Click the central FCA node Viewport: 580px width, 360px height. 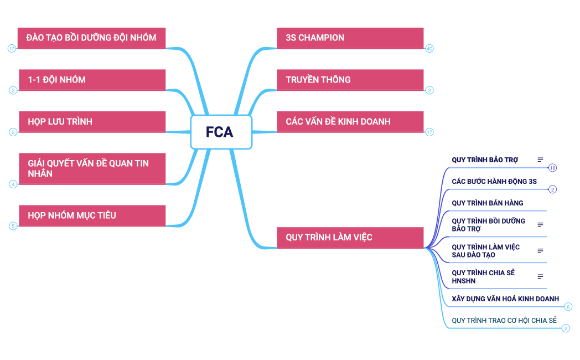click(221, 132)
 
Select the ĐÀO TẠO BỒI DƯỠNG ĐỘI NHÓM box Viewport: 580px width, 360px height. click(91, 38)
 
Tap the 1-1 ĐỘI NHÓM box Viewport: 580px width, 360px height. click(91, 80)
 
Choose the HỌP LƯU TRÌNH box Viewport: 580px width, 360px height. click(91, 122)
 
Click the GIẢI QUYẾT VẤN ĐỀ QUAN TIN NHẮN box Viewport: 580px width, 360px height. click(91, 168)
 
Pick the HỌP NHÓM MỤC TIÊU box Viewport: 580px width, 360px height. click(91, 215)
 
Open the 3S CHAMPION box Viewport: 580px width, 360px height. click(350, 38)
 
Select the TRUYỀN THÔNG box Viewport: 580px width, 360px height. click(350, 80)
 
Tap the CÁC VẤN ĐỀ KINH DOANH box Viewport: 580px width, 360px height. click(350, 122)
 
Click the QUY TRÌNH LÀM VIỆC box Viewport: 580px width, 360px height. click(350, 238)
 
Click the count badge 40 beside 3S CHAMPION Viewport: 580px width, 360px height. click(429, 49)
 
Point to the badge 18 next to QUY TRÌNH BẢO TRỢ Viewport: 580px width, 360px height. click(552, 168)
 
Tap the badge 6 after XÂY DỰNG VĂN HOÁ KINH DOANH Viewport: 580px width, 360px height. click(568, 307)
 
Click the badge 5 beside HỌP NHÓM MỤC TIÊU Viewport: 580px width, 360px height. click(13, 225)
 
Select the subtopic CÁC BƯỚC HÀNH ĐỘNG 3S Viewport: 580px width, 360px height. click(494, 182)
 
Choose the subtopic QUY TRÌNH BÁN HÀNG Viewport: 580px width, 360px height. click(488, 203)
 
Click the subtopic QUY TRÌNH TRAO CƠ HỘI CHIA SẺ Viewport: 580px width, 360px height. click(504, 321)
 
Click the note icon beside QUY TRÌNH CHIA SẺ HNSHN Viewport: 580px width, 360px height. click(540, 276)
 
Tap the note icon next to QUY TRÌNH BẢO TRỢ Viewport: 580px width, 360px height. click(540, 160)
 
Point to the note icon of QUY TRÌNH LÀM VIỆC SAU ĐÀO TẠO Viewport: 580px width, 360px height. click(540, 251)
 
